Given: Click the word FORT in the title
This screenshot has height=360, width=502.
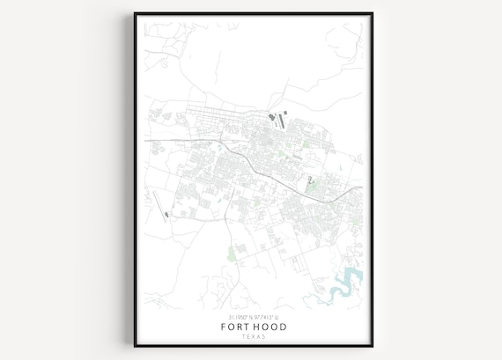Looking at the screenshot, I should [235, 327].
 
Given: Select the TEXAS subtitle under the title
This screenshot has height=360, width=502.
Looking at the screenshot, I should [253, 336].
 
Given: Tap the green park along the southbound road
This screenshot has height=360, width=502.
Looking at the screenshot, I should [232, 254].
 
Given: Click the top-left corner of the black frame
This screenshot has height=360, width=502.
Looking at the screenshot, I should [135, 13].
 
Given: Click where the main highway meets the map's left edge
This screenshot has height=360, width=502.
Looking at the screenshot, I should [145, 140].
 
